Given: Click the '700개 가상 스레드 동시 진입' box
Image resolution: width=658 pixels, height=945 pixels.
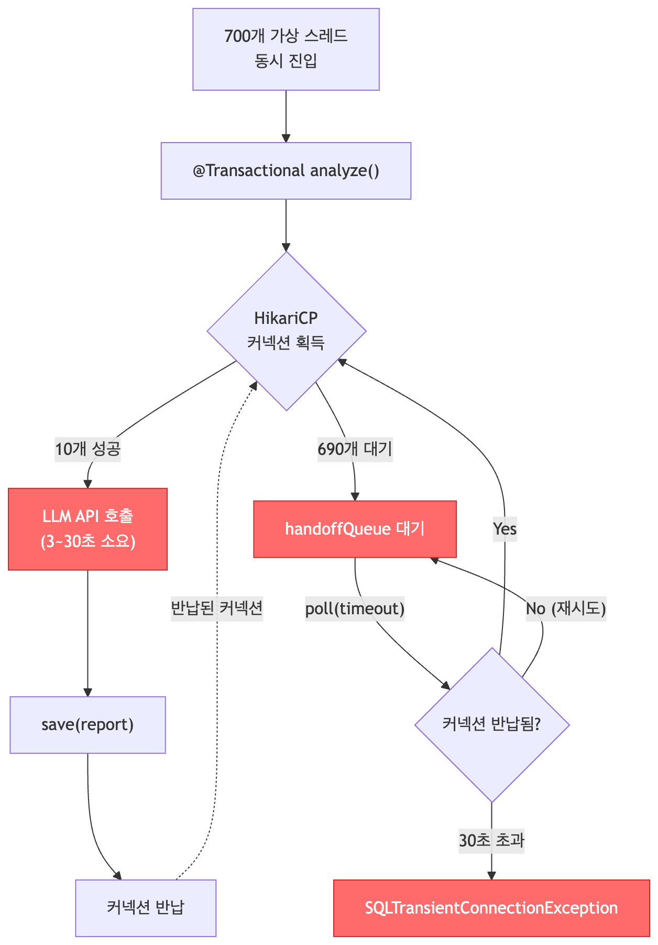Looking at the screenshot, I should [286, 49].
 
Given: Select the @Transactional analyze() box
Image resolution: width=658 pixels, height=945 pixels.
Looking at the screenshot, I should [286, 171].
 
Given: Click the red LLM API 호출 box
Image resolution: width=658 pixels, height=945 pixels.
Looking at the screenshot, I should [87, 529].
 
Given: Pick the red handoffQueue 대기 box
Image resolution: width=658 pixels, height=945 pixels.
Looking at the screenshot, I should [355, 529].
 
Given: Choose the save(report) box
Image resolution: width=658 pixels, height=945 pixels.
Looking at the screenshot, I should [87, 725].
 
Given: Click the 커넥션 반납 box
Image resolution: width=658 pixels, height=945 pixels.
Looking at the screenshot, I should [145, 908].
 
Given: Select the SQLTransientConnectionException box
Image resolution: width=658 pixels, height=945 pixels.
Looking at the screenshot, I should [491, 908].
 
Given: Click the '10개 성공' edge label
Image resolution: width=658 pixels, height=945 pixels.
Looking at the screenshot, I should [88, 449].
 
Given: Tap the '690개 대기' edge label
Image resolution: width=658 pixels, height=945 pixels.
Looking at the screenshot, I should [355, 449].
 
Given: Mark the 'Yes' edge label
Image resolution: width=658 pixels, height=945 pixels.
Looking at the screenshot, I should [505, 529].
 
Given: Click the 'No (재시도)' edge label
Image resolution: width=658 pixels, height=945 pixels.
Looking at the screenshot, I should [566, 609].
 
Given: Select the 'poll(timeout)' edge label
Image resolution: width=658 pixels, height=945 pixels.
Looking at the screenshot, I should [355, 609].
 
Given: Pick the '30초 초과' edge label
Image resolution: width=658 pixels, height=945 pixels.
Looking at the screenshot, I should [491, 841].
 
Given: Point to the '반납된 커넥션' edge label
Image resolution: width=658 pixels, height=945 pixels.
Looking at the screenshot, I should [217, 608].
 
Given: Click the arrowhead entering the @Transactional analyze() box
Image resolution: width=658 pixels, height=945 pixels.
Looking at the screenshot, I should [286, 138].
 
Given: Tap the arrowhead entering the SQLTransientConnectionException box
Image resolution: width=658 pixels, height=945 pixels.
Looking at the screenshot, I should [491, 876].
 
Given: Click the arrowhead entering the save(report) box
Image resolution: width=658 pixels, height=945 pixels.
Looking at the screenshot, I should [87, 692].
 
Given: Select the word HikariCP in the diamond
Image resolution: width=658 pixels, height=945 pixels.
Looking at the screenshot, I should [286, 318].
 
